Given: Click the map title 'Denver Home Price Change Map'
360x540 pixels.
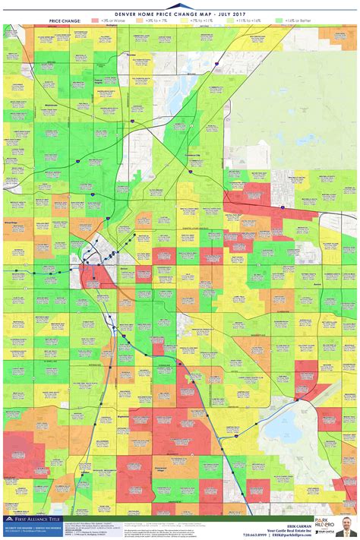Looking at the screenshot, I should click(x=180, y=13).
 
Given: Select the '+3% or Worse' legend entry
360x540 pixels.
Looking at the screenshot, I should click(x=110, y=21).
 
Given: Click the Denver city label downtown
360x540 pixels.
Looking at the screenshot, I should click(x=126, y=268).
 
